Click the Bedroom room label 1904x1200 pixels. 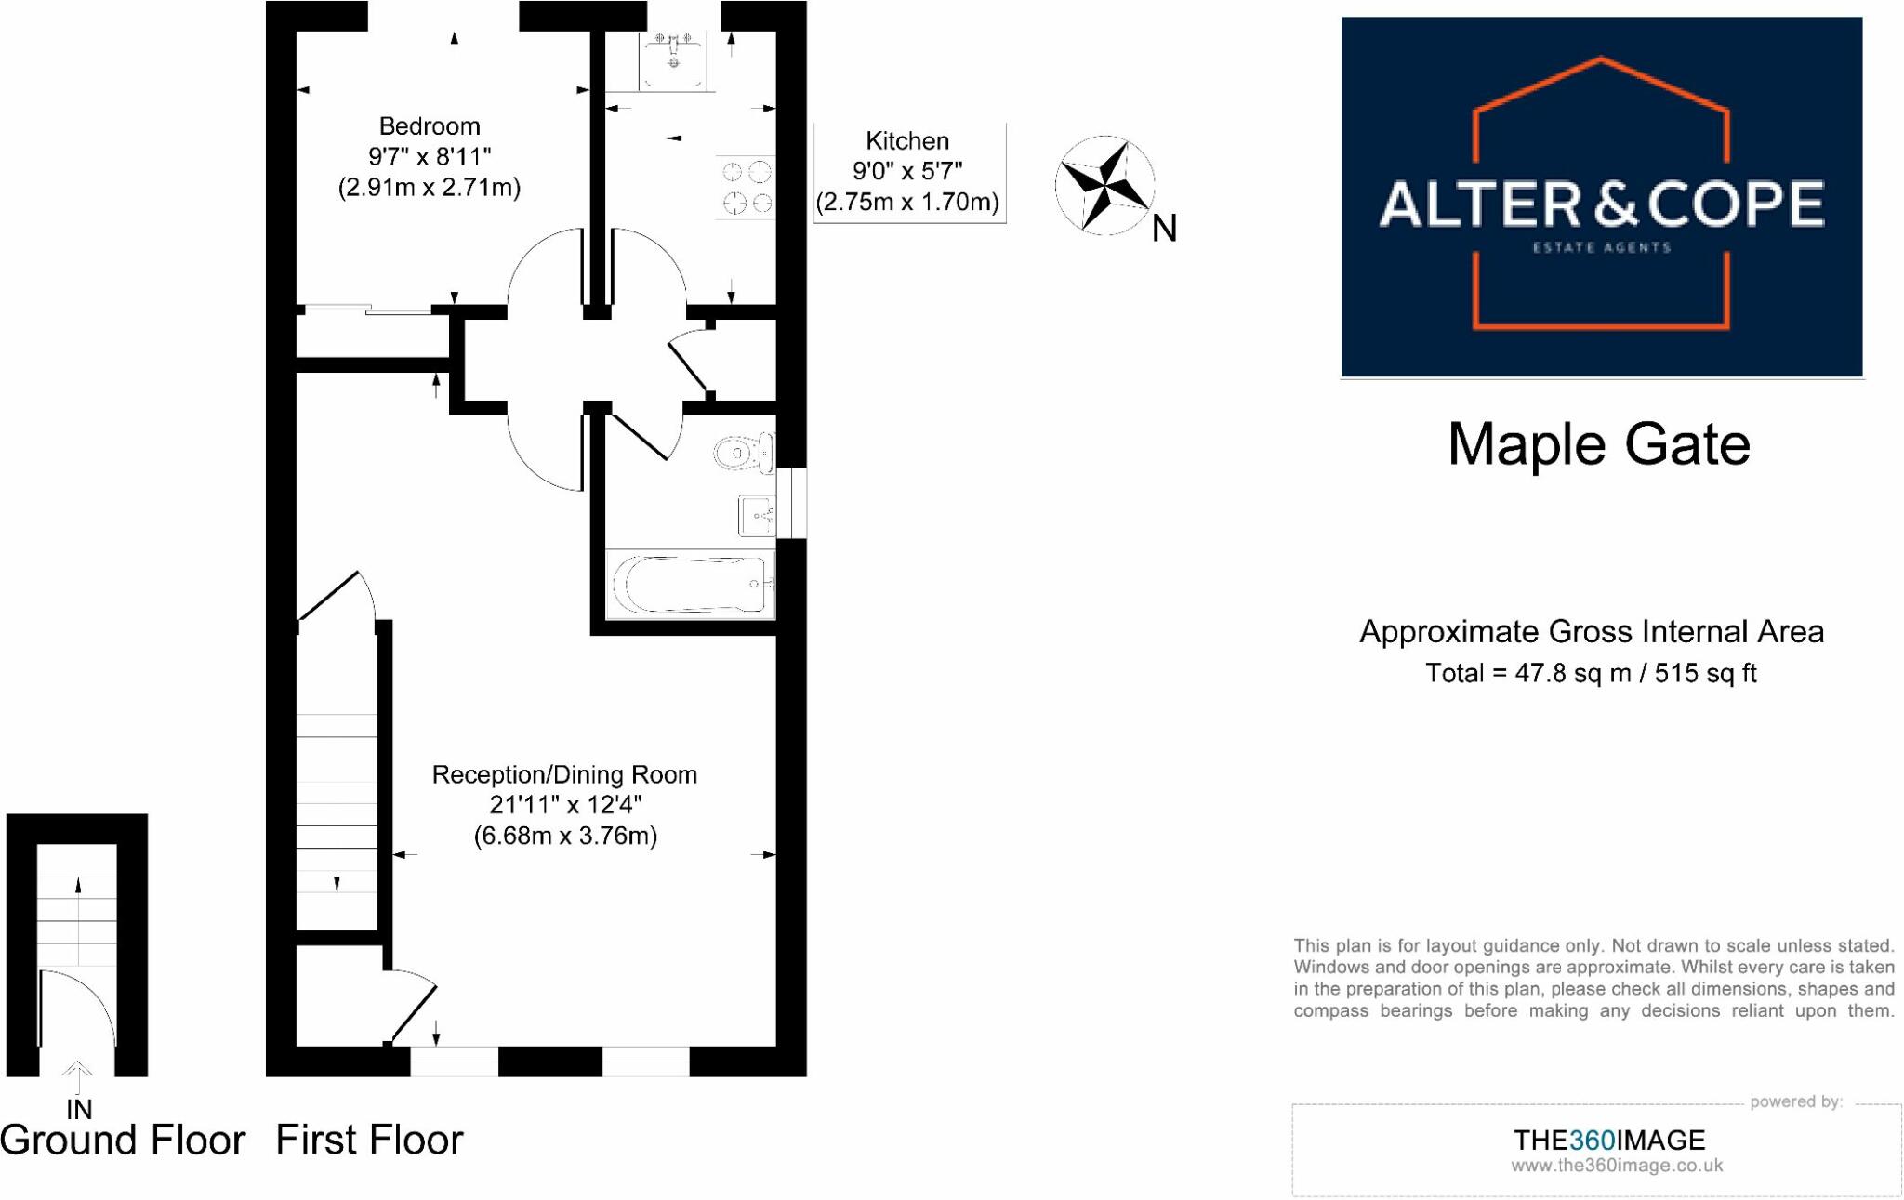pyautogui.click(x=430, y=126)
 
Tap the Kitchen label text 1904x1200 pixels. pyautogui.click(x=907, y=141)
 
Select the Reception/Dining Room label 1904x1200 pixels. pyautogui.click(x=564, y=775)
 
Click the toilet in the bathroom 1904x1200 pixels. pyautogui.click(x=745, y=453)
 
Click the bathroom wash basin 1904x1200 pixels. pyautogui.click(x=757, y=515)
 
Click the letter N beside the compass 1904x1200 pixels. pyautogui.click(x=1164, y=229)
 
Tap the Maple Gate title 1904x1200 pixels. pyautogui.click(x=1599, y=444)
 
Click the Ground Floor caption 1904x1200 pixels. pyautogui.click(x=123, y=1140)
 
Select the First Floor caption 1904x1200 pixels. pyautogui.click(x=369, y=1140)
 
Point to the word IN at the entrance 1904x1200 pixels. pyautogui.click(x=79, y=1109)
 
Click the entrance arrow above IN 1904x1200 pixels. pyautogui.click(x=78, y=1076)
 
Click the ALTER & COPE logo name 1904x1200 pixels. pyautogui.click(x=1601, y=204)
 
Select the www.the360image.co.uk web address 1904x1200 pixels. pyautogui.click(x=1617, y=1166)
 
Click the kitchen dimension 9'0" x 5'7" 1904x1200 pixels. pyautogui.click(x=907, y=171)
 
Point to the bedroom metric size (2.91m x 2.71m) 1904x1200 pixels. pyautogui.click(x=430, y=188)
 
